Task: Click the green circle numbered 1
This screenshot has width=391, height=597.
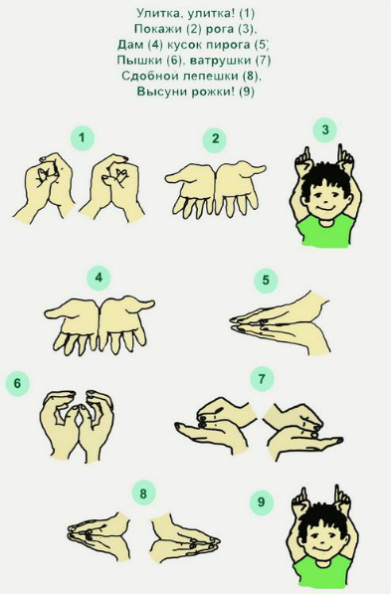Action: pos(82,137)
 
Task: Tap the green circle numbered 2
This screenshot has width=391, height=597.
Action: pos(215,139)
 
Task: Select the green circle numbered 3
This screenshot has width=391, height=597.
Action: pos(324,130)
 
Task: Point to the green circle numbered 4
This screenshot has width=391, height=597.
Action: pos(98,278)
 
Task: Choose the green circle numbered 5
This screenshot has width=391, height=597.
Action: pos(266,281)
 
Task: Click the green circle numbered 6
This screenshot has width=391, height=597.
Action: pos(18,383)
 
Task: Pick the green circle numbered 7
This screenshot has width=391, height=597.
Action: pos(262,379)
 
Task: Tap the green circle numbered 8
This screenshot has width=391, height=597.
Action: pos(143,495)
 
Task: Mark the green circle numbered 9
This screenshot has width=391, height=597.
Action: pos(262,501)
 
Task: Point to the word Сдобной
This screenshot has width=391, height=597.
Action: pos(150,76)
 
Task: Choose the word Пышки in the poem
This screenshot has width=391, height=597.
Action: pos(137,61)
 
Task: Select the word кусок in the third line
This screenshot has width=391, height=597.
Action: pos(185,45)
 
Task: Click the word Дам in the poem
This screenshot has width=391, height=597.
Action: pos(129,45)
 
